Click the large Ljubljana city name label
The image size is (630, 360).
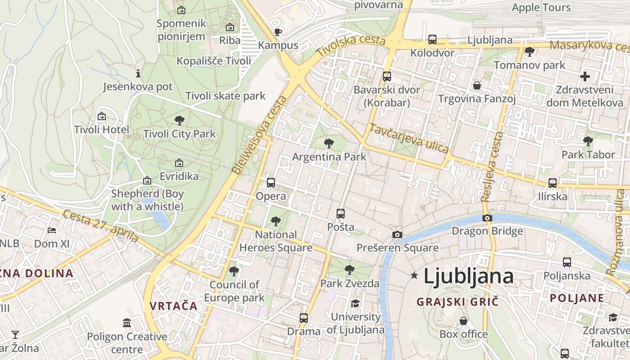pyautogui.click(x=468, y=276)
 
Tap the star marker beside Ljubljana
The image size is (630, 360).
pyautogui.click(x=414, y=274)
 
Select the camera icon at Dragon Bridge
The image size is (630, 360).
pyautogui.click(x=487, y=218)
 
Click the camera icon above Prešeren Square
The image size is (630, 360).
pyautogui.click(x=397, y=234)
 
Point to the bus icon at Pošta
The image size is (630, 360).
pyautogui.click(x=341, y=213)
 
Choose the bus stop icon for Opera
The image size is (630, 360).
pyautogui.click(x=270, y=182)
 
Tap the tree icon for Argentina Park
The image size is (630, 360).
pyautogui.click(x=329, y=144)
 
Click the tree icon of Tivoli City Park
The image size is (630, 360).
pyautogui.click(x=179, y=120)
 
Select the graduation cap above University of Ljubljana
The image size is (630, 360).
pyautogui.click(x=355, y=303)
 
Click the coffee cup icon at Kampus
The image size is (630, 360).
pyautogui.click(x=278, y=32)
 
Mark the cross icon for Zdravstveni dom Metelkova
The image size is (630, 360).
pyautogui.click(x=585, y=76)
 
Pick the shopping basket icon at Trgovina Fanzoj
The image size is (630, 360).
pyautogui.click(x=477, y=85)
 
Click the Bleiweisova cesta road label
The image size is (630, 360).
pyautogui.click(x=259, y=135)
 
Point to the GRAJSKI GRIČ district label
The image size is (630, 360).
pyautogui.click(x=457, y=301)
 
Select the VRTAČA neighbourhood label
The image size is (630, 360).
pyautogui.click(x=174, y=306)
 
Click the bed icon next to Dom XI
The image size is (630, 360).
pyautogui.click(x=52, y=230)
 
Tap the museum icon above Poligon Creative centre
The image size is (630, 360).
pyautogui.click(x=127, y=323)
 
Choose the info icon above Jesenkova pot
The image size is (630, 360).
pyautogui.click(x=138, y=73)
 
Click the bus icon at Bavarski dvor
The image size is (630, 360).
pyautogui.click(x=387, y=76)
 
